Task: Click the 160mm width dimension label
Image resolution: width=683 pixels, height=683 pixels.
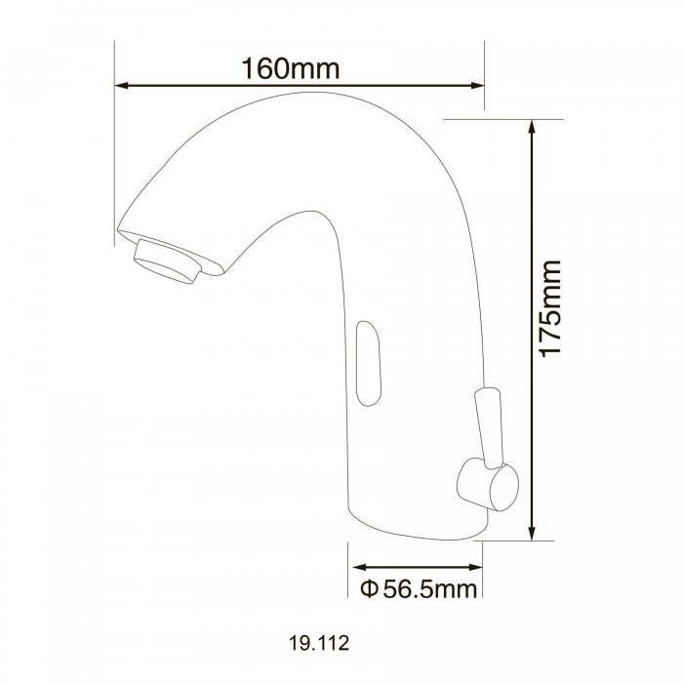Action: coord(290,68)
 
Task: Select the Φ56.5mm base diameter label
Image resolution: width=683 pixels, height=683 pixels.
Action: coord(419,589)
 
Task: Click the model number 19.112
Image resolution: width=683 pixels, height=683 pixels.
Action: coord(319,642)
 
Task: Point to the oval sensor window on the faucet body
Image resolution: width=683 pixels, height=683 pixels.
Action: coord(369,363)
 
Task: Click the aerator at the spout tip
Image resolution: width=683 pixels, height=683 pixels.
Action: coord(167,262)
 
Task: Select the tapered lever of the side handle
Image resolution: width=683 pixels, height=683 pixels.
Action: coord(488,427)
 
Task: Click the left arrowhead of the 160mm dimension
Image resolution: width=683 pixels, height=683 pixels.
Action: coord(122,86)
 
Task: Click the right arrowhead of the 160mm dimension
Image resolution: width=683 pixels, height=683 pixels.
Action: coord(477,86)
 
